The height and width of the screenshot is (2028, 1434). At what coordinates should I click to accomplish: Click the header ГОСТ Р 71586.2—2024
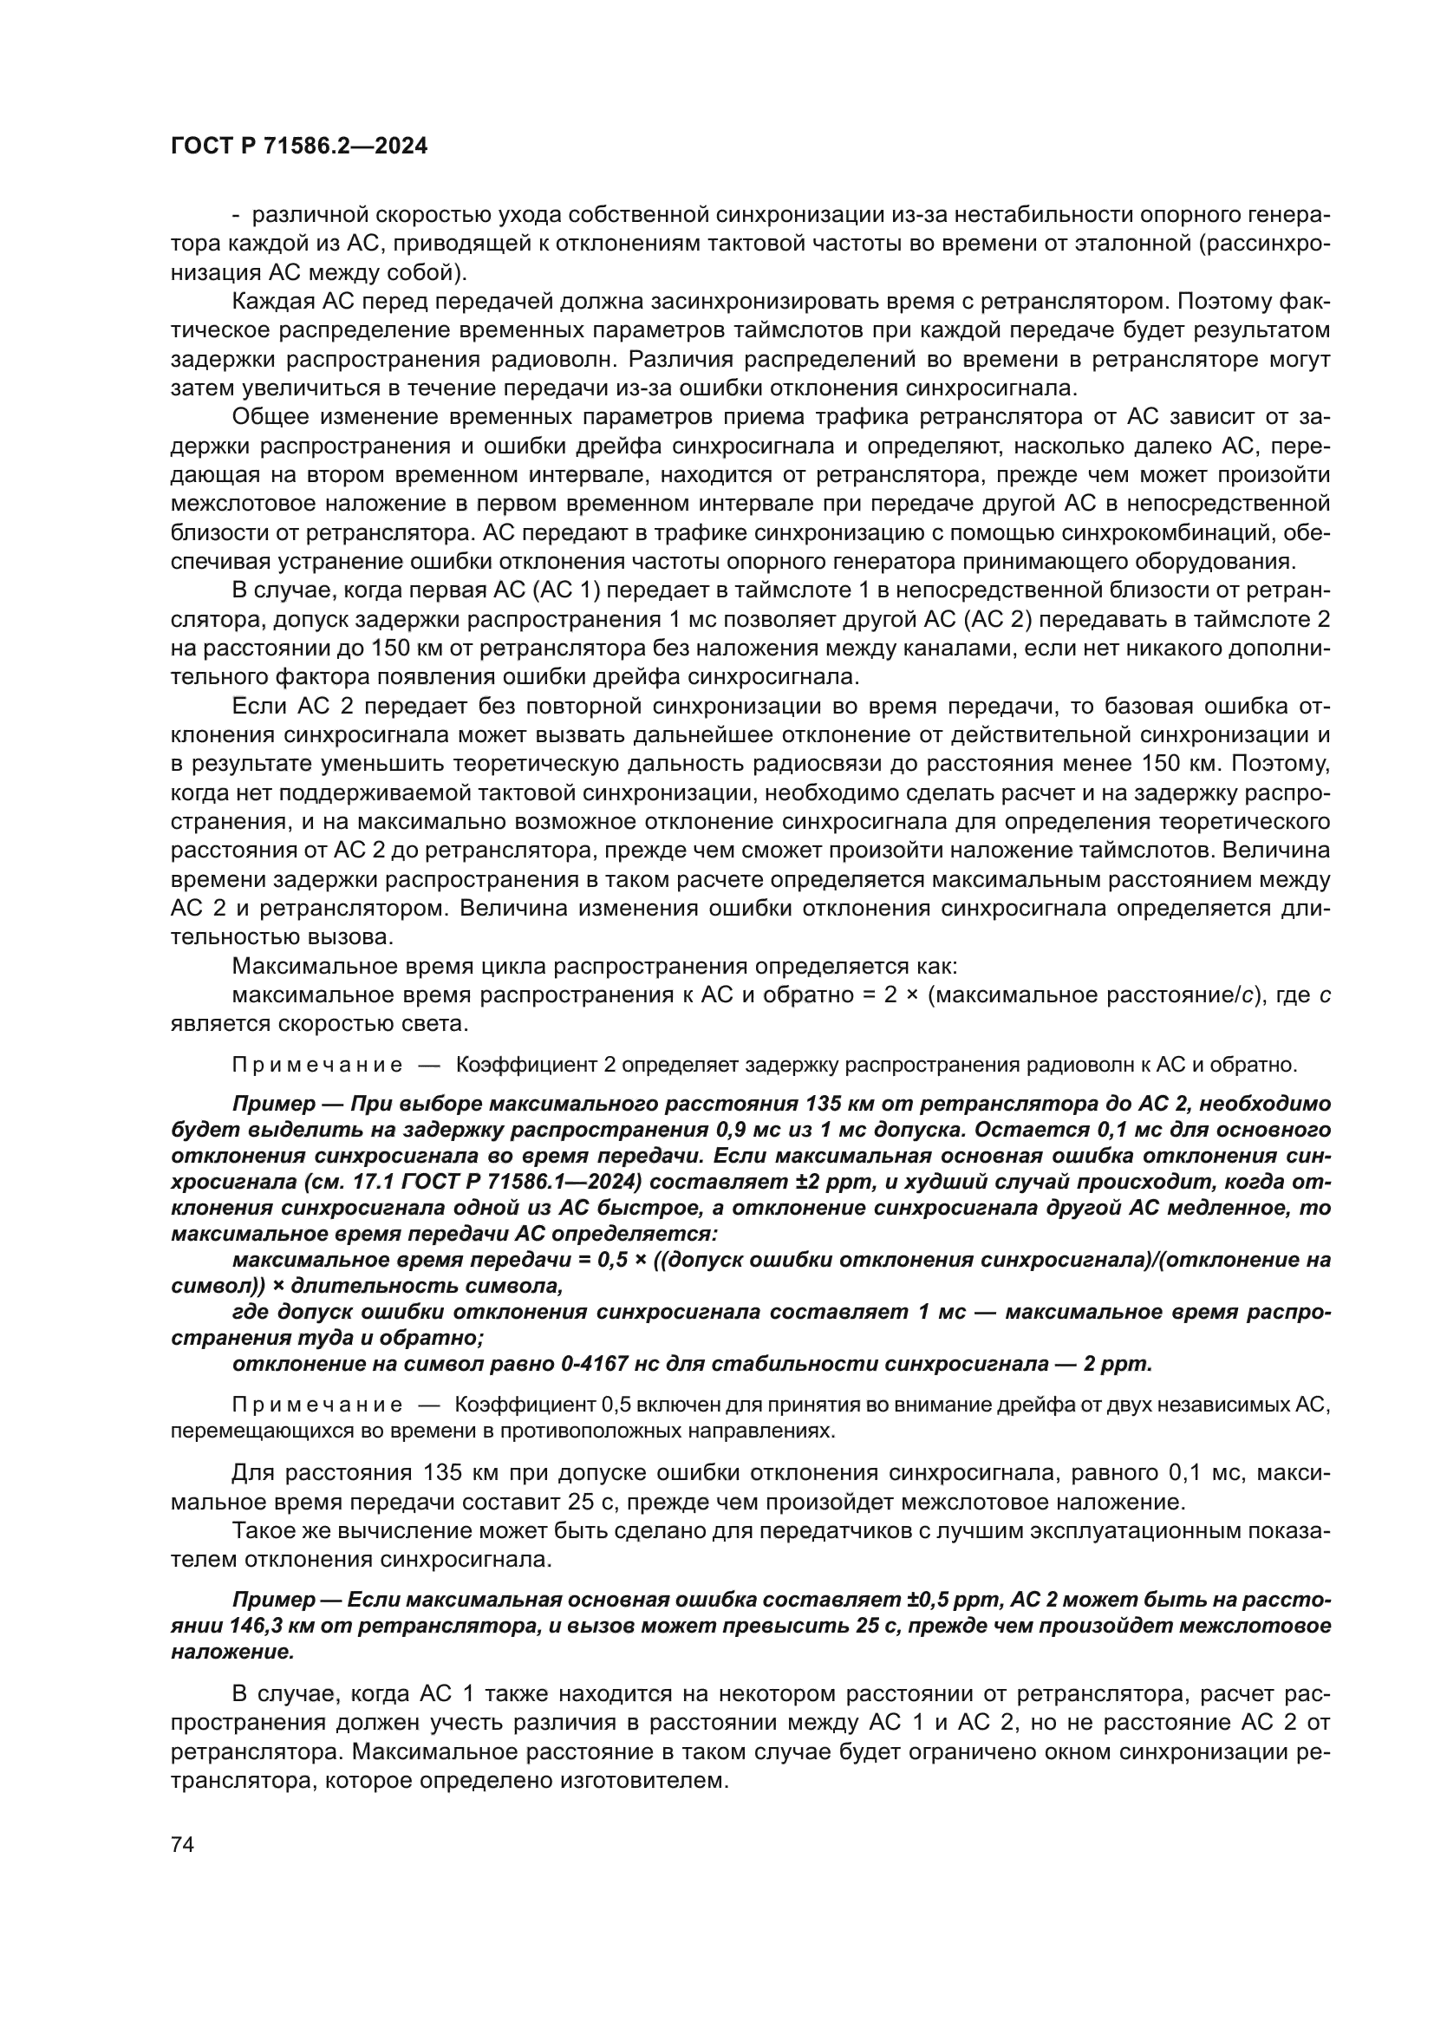tap(298, 147)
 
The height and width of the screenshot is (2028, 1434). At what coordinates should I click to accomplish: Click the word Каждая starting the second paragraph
tap(272, 301)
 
